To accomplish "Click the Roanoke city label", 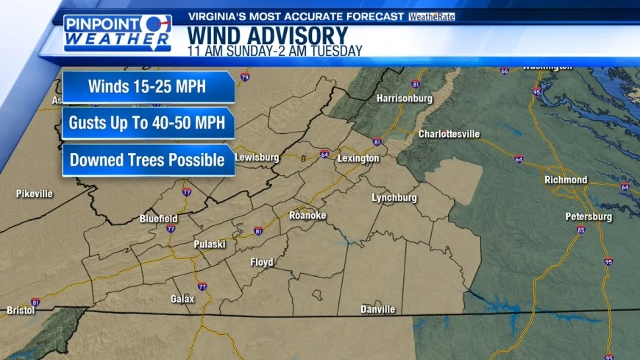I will tap(307, 215).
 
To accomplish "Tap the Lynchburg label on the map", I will tap(394, 198).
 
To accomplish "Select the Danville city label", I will tap(378, 309).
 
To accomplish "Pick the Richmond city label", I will tap(566, 180).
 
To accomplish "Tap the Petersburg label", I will tap(589, 217).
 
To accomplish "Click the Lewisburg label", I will tap(257, 158).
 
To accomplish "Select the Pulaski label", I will tap(209, 244).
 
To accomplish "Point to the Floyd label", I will tap(262, 262).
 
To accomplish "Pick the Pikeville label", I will tap(35, 194).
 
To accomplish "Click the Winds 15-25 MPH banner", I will tap(148, 87).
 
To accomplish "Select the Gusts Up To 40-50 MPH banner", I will tap(148, 123).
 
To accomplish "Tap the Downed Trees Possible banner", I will tap(148, 160).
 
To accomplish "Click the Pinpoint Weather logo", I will tap(117, 33).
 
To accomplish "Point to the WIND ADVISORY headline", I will tap(267, 35).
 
